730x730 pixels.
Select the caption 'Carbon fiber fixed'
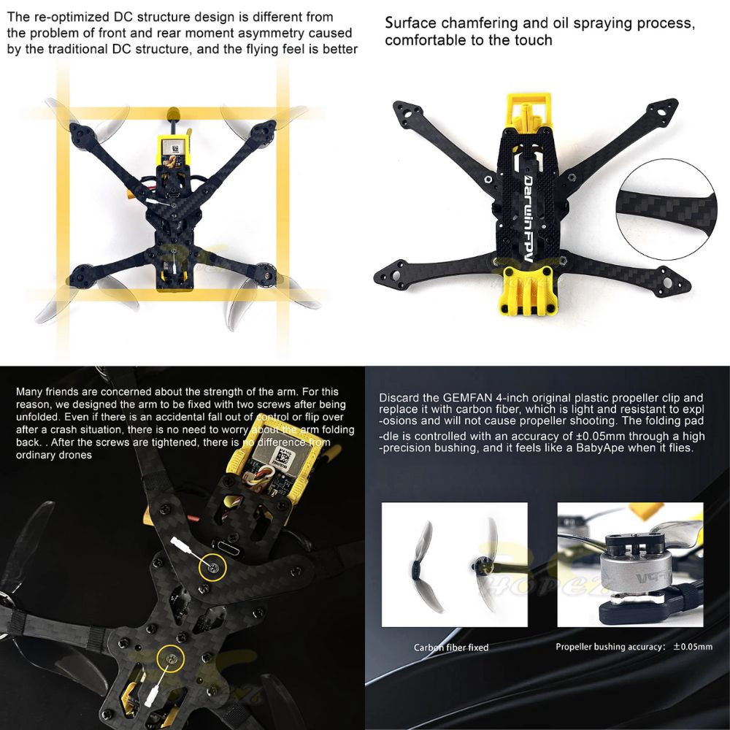tap(451, 648)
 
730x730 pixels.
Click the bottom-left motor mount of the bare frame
tap(389, 276)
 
